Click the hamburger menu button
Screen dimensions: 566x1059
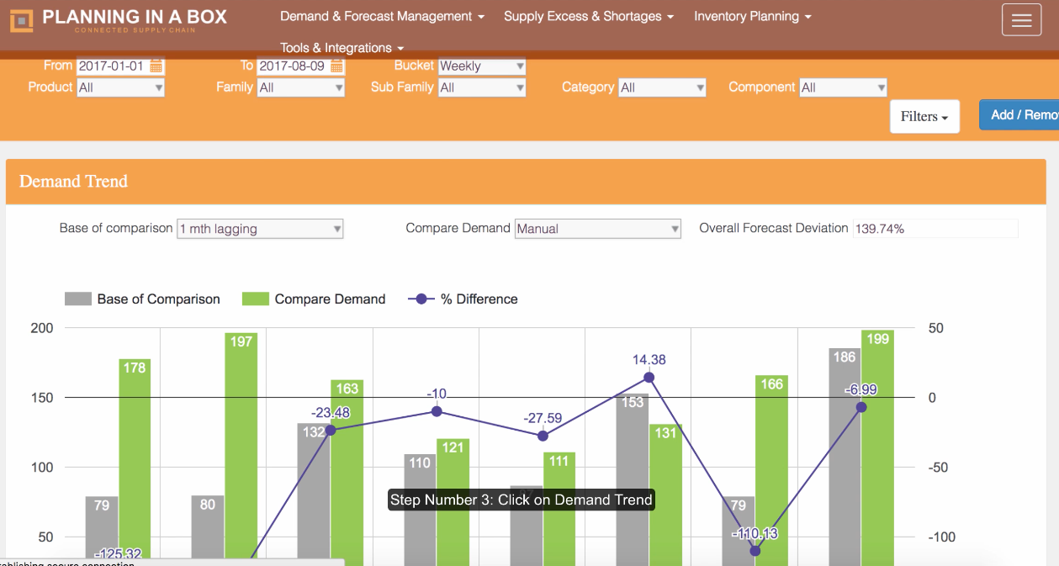point(1021,20)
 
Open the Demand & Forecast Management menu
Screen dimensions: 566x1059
point(382,17)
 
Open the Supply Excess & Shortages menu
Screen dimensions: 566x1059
point(588,17)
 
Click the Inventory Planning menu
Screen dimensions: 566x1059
point(752,17)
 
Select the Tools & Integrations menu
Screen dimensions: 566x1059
point(342,48)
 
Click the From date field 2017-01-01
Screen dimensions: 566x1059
point(113,66)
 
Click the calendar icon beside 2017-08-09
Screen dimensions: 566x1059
point(336,66)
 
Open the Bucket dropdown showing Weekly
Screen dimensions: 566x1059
point(481,66)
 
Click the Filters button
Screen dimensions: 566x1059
point(924,116)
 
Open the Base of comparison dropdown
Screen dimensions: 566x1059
point(260,229)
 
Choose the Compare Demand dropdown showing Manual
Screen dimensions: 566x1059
point(597,229)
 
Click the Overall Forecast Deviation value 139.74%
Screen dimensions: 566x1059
point(935,229)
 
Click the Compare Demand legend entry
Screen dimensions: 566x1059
point(313,299)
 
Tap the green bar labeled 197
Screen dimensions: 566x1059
point(241,446)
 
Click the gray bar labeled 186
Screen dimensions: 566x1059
point(845,454)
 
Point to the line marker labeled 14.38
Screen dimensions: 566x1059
point(649,378)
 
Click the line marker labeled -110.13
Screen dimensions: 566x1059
point(755,551)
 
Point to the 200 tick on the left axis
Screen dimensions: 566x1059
point(42,328)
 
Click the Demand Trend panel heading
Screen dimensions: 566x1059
point(74,182)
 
